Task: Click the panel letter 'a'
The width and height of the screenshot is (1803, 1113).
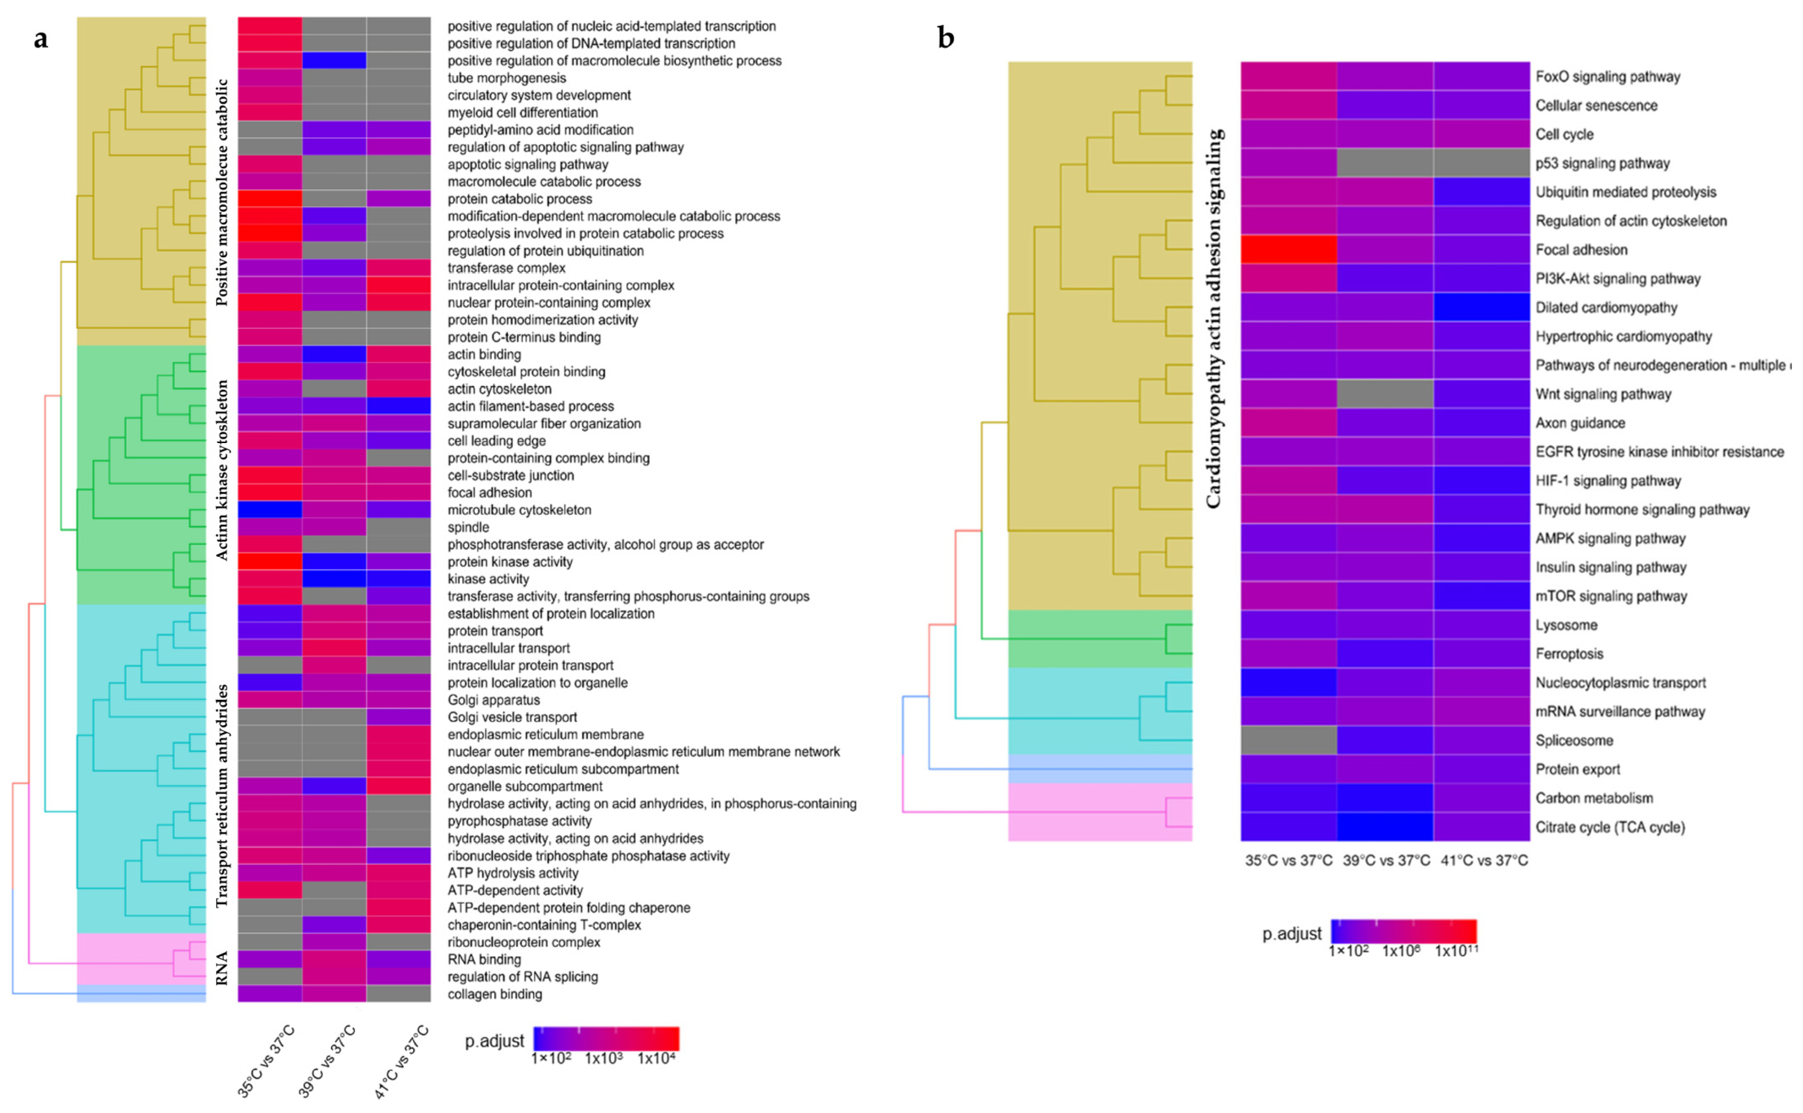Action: click(x=41, y=38)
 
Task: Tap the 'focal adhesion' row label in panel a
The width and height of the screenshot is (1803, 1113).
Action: click(x=490, y=493)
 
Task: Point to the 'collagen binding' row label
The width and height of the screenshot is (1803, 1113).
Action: click(x=495, y=994)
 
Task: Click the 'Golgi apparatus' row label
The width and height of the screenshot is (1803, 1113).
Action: click(x=493, y=700)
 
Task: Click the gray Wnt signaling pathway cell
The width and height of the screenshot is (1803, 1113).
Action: click(x=1385, y=394)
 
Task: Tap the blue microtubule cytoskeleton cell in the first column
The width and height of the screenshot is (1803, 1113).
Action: click(x=270, y=509)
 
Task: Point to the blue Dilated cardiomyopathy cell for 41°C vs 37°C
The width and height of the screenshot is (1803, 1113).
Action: click(x=1481, y=307)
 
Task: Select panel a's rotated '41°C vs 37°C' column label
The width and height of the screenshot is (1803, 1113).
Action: click(x=401, y=1061)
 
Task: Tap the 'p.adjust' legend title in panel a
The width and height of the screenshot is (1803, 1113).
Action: click(x=494, y=1041)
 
